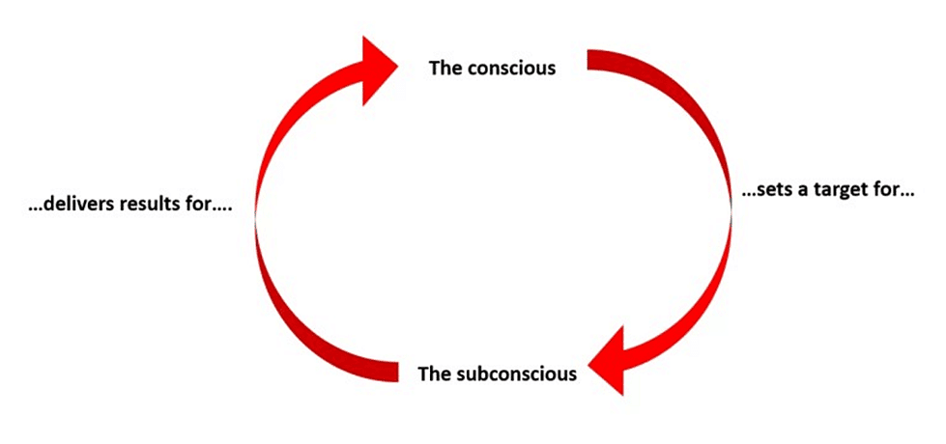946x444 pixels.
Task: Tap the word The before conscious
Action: pyautogui.click(x=446, y=68)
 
